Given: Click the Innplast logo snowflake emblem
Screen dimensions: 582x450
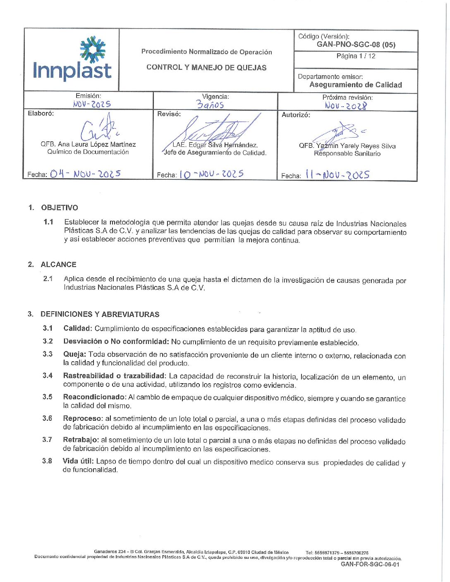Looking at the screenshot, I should [93, 50].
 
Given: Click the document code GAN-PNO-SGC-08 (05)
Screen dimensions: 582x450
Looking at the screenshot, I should [356, 45].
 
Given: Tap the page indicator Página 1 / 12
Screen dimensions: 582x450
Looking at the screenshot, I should [356, 56].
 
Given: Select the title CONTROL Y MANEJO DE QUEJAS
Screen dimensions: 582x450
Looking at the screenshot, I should [206, 67].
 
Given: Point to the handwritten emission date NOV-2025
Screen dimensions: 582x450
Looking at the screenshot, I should [92, 104].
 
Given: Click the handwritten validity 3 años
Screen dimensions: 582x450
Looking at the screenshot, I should [210, 105].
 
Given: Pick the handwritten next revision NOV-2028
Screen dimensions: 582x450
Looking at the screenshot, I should [346, 106].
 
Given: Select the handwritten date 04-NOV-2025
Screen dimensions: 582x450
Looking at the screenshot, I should [85, 174].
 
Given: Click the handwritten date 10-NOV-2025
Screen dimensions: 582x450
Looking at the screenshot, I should [211, 174].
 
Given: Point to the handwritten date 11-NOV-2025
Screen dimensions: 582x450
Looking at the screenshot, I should [337, 175].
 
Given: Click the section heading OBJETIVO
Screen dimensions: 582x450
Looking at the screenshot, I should [60, 208].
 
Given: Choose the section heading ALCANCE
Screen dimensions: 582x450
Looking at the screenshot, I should [58, 265].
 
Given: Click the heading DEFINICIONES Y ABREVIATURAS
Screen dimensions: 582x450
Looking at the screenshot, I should [100, 314].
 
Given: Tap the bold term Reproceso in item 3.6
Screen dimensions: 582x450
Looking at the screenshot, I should [82, 418].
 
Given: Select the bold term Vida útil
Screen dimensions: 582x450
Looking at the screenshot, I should [78, 461].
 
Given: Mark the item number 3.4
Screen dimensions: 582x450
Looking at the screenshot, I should [48, 375].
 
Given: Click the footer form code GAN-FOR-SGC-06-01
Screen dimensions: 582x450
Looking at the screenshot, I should [370, 564].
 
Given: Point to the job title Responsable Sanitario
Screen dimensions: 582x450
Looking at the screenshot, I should [347, 154].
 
